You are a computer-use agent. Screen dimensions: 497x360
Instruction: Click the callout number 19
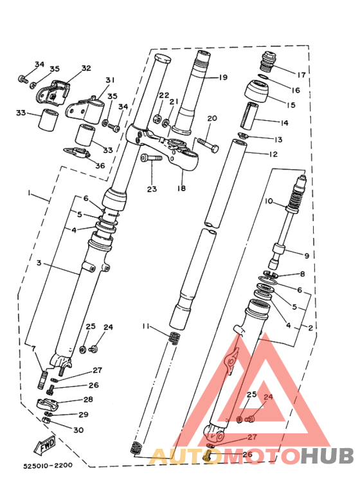[222, 77]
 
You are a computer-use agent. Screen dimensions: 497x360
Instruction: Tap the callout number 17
[301, 73]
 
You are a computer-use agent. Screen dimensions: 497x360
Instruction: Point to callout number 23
[151, 189]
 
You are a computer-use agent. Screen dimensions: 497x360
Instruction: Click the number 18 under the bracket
[181, 188]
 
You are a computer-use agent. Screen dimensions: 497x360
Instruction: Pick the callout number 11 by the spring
[147, 327]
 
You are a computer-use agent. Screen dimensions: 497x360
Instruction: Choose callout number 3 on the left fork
[39, 263]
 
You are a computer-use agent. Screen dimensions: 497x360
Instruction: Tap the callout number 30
[78, 430]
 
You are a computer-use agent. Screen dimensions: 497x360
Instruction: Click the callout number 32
[86, 68]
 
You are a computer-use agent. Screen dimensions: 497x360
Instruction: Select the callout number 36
[100, 165]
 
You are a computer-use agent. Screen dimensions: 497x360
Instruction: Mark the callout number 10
[269, 201]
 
